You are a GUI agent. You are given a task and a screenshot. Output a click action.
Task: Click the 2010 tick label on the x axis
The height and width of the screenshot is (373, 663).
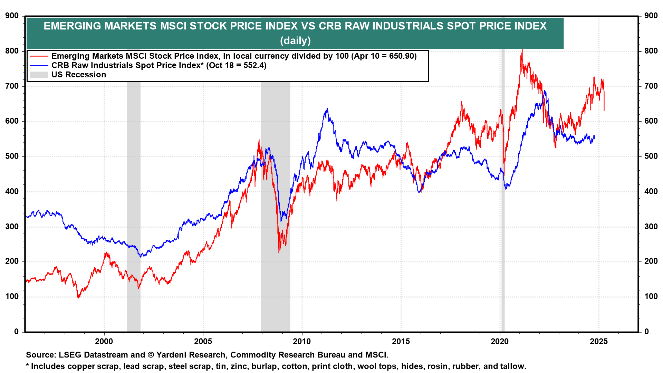301,342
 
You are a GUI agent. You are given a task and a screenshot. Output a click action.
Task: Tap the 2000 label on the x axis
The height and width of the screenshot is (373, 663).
104,342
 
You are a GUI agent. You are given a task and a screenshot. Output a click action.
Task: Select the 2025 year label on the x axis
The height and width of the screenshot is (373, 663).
598,342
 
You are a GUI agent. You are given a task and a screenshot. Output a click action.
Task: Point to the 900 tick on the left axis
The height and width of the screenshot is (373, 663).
12,16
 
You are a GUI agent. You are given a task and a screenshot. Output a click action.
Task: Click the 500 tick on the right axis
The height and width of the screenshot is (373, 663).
651,156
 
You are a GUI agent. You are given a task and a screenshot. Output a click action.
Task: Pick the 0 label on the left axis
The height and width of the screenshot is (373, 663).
16,332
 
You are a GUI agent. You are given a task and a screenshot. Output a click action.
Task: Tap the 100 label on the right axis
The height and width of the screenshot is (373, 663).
651,296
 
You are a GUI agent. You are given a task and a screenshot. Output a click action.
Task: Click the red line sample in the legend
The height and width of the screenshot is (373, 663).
39,56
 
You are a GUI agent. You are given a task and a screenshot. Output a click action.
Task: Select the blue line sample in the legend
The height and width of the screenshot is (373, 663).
39,65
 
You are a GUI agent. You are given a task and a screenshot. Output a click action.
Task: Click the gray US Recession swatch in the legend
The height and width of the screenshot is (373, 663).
39,75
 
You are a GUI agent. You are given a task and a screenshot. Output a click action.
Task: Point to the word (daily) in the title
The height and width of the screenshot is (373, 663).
295,41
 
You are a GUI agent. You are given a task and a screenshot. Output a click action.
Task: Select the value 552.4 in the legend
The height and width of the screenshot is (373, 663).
253,65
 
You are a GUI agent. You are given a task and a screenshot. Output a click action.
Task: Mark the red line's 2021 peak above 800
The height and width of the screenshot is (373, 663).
522,50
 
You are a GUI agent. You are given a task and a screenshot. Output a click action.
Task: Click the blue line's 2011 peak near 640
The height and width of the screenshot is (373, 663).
327,108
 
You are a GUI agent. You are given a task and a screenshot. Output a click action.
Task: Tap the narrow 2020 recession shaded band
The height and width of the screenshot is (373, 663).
503,207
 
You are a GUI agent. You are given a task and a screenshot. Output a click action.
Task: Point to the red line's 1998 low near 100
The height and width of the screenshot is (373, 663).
78,297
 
